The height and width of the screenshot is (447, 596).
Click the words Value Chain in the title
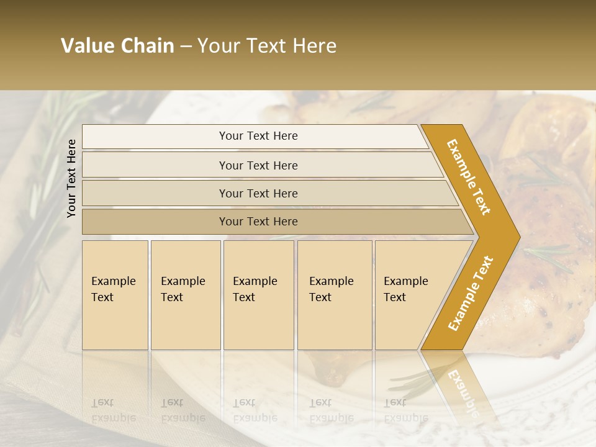coord(117,46)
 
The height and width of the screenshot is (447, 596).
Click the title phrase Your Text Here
coord(267,46)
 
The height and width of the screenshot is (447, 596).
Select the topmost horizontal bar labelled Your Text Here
coord(258,136)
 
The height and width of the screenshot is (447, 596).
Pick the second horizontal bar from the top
coord(258,165)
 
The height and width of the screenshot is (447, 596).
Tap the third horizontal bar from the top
coord(258,193)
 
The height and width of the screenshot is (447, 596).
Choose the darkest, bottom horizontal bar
coord(258,222)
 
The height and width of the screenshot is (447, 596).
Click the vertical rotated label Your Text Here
coord(71,178)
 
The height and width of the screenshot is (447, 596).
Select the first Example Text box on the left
coord(115,295)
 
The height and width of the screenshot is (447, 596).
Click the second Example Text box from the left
coord(185,295)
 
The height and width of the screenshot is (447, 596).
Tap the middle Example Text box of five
coord(258,295)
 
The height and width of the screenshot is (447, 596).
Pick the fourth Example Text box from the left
coord(334,295)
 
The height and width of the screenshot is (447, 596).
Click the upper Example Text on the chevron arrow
coord(469,177)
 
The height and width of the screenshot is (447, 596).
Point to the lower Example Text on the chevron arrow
coord(471,293)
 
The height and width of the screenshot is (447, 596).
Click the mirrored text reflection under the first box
coord(113,410)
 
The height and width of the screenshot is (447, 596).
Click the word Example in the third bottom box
coord(255,281)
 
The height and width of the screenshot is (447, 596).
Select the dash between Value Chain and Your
coord(186,47)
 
